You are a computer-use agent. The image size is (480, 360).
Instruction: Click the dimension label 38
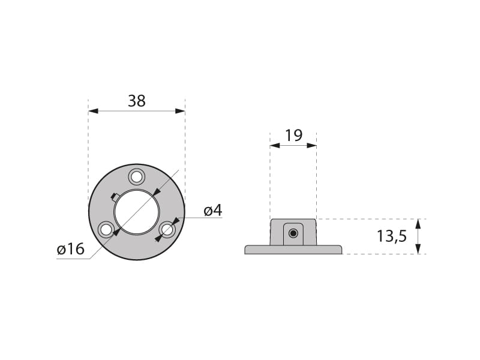pos(137,101)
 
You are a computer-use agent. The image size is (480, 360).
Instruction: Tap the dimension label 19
pos(293,136)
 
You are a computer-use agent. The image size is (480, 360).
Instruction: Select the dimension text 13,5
pos(392,236)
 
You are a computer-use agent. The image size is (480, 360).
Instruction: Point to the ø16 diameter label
pos(70,249)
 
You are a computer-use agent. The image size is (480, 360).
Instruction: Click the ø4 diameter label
pos(213,211)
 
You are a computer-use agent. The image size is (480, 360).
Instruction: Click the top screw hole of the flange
pos(137,176)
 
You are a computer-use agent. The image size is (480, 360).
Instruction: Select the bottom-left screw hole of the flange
pos(106,229)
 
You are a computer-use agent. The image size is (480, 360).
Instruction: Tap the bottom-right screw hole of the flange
pos(167,229)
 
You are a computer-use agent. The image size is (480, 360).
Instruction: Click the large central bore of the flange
pos(137,212)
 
